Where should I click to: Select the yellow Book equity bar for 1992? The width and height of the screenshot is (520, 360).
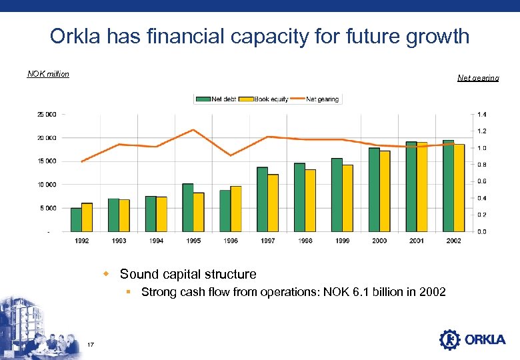click(x=87, y=217)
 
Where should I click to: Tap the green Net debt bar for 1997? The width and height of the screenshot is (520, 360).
click(x=262, y=199)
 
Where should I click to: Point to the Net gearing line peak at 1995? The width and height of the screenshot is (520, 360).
click(x=193, y=130)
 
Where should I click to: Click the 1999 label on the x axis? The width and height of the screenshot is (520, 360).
click(x=342, y=241)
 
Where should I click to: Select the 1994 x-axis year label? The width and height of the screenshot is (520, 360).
click(x=156, y=241)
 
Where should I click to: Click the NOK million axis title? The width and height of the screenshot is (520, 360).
click(x=48, y=74)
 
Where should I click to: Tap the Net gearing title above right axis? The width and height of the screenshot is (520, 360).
click(x=477, y=79)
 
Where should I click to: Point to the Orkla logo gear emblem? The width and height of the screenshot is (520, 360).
click(x=450, y=339)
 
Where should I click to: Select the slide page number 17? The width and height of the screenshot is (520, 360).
click(x=91, y=344)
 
